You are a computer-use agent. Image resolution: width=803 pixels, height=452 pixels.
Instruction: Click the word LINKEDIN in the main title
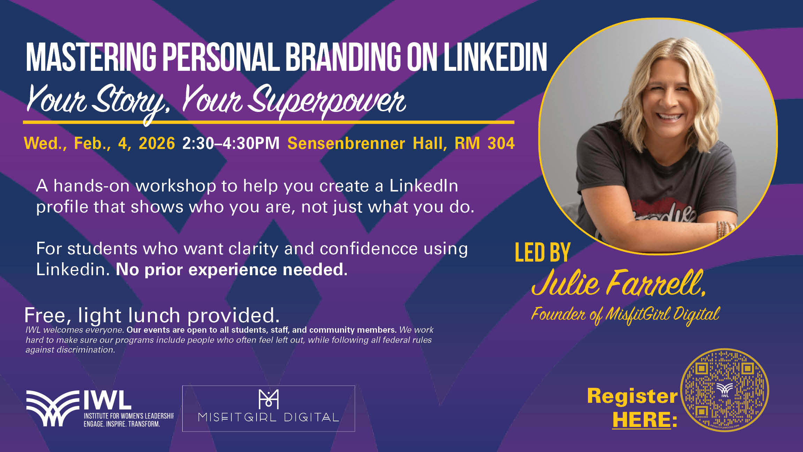coord(495,57)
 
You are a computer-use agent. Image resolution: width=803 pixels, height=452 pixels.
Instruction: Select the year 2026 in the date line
coord(157,143)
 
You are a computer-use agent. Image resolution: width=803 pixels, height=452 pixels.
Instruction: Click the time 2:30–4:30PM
coord(231,143)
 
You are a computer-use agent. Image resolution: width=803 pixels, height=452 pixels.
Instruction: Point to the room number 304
coord(501,143)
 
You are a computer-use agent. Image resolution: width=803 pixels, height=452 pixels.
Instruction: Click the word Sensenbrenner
coord(346,143)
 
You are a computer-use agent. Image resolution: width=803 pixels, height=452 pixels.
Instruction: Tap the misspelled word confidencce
coord(368,249)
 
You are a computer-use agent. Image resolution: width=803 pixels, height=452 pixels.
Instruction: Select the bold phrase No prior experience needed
coord(231,270)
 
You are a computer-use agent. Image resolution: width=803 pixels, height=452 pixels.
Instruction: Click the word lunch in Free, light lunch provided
coord(154,315)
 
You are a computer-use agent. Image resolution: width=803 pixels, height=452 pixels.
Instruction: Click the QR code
coord(725,390)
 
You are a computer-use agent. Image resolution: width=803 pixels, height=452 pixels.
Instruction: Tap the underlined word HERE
coord(642,419)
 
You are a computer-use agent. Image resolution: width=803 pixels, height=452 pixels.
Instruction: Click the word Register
coord(632,396)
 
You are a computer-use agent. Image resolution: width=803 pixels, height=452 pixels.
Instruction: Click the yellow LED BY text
coord(542,253)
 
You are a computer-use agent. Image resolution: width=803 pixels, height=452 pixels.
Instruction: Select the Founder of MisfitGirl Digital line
coord(625,314)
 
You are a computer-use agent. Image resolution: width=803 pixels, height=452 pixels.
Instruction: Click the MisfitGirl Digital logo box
coord(268,408)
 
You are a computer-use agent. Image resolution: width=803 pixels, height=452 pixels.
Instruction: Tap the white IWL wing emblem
coord(52,408)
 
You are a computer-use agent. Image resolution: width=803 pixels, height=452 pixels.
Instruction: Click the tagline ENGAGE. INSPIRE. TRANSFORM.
coord(122,424)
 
